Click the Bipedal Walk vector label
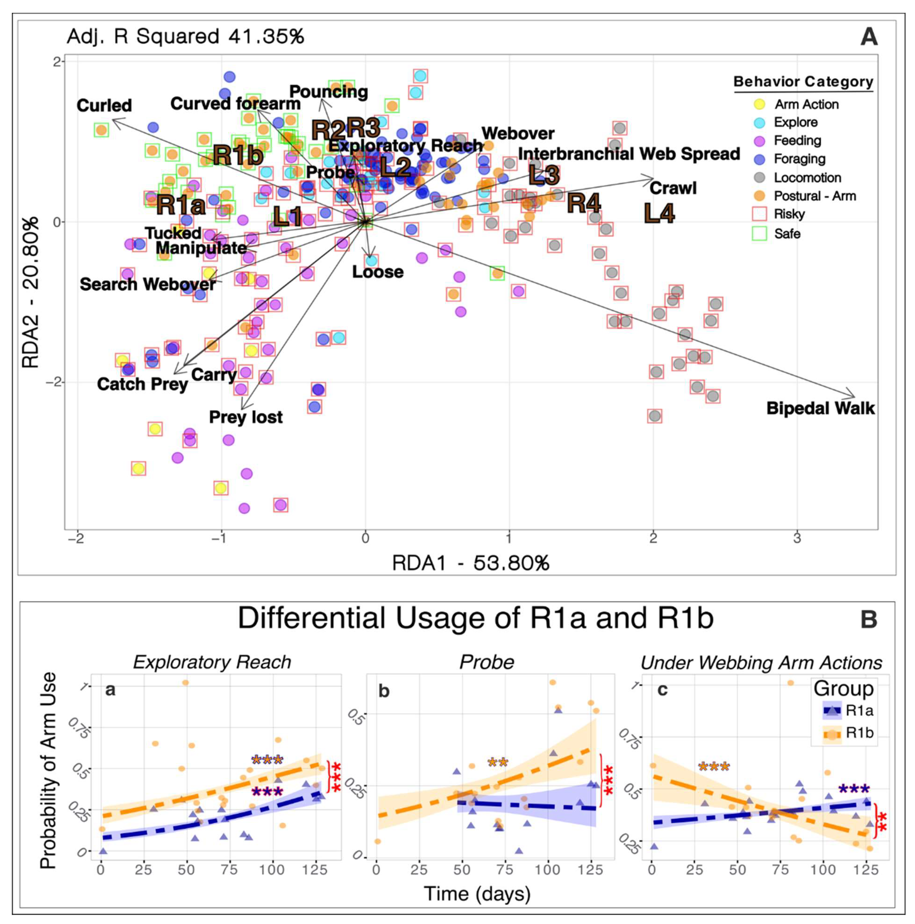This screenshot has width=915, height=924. click(x=820, y=408)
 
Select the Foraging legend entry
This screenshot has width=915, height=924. click(x=799, y=159)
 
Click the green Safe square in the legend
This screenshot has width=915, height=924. click(x=759, y=233)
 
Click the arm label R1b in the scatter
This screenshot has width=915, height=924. click(x=238, y=155)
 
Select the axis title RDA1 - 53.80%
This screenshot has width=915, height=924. click(x=470, y=563)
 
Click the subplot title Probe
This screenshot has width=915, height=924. click(x=486, y=662)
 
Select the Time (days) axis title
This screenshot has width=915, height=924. click(x=477, y=894)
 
